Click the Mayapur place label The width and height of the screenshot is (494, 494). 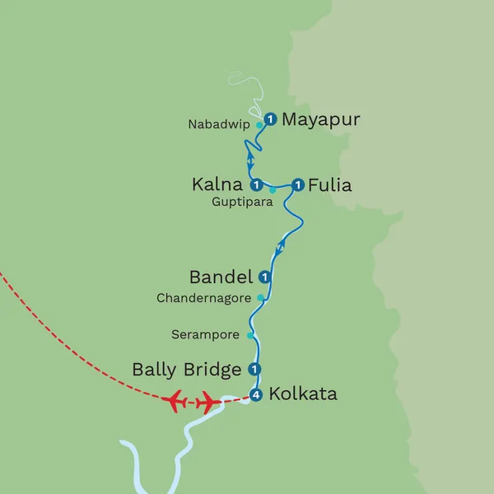(321, 120)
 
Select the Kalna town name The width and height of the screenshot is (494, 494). (217, 185)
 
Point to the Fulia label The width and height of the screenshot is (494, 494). (330, 185)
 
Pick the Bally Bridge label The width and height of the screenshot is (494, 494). (187, 370)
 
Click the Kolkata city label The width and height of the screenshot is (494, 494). (304, 394)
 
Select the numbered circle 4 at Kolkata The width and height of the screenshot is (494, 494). (257, 396)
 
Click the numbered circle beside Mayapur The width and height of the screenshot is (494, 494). (269, 119)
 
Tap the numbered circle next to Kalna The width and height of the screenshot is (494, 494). (256, 184)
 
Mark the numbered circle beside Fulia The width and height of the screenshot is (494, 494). (298, 184)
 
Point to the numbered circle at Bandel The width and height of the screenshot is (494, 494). (264, 277)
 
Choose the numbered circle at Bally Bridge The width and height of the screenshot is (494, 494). (255, 369)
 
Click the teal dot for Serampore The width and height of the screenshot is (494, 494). (251, 335)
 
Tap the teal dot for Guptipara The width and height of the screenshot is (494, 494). (273, 190)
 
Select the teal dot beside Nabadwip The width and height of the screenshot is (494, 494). (259, 125)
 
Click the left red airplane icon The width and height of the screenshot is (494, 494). (175, 402)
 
